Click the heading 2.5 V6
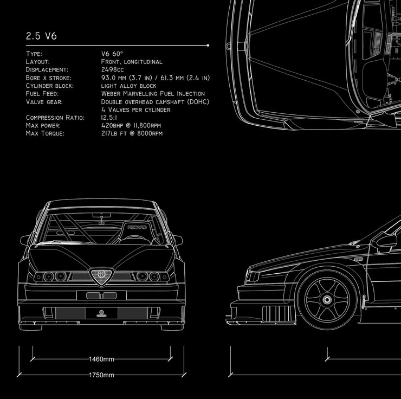tap(41, 37)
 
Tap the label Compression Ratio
tap(55, 118)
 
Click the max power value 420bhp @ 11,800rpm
tap(131, 126)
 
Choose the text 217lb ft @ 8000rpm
tap(131, 133)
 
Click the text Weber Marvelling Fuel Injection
tap(153, 94)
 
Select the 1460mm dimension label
tap(101, 359)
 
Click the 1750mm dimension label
tap(101, 375)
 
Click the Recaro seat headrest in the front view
tap(137, 228)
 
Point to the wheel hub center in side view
tap(327, 299)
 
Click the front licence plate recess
tap(101, 295)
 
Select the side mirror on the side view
tap(385, 242)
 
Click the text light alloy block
tap(128, 86)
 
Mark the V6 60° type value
tap(112, 54)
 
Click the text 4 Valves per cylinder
tap(135, 110)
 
